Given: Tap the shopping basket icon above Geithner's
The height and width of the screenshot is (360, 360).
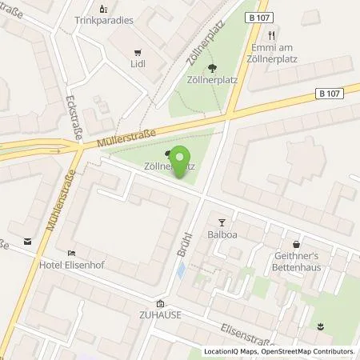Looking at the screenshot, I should [x=297, y=243].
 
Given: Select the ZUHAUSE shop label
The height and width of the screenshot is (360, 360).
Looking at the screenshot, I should [x=161, y=314].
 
